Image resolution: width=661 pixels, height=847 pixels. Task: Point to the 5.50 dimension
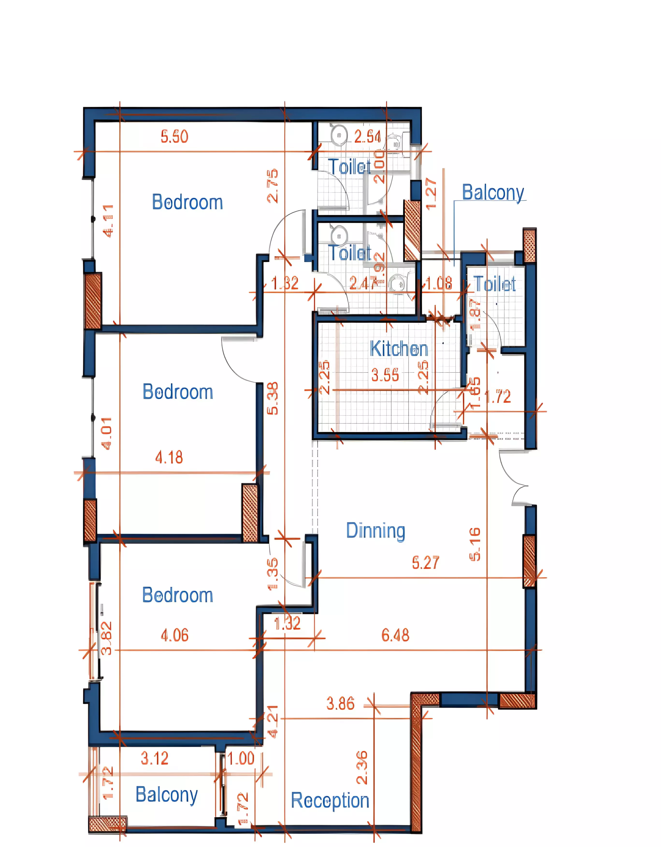pyautogui.click(x=174, y=137)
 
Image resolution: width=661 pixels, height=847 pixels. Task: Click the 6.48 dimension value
pyautogui.click(x=395, y=635)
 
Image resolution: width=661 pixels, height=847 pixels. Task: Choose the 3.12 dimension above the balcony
pyautogui.click(x=154, y=758)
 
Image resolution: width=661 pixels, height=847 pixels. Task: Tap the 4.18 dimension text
pyautogui.click(x=169, y=458)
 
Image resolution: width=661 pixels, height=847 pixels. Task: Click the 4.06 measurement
pyautogui.click(x=174, y=635)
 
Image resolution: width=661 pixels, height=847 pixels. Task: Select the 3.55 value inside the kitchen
pyautogui.click(x=385, y=375)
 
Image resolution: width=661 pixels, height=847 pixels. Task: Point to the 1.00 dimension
pyautogui.click(x=241, y=758)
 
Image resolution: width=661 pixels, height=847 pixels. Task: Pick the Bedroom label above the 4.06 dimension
pyautogui.click(x=178, y=595)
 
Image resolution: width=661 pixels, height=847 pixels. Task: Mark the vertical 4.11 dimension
pyautogui.click(x=108, y=220)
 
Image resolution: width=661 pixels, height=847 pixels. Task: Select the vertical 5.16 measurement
pyautogui.click(x=475, y=544)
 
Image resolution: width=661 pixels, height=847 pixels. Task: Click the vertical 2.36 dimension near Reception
pyautogui.click(x=362, y=768)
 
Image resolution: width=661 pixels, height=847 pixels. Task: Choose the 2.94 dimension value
pyautogui.click(x=367, y=137)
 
